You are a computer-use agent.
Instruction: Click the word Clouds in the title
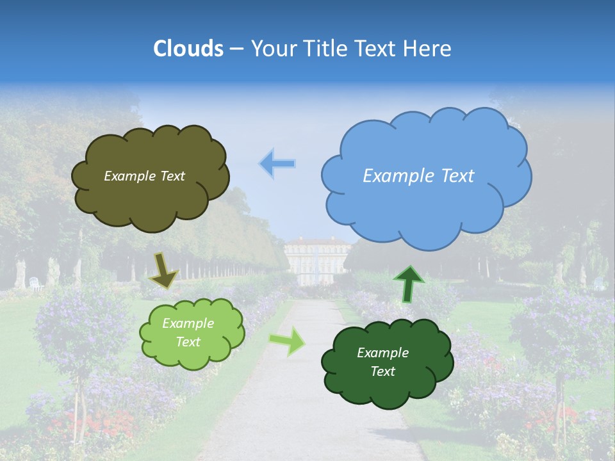click(188, 49)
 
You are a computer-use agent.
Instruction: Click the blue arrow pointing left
click(278, 164)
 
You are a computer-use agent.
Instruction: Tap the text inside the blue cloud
click(418, 176)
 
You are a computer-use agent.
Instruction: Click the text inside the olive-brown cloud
click(144, 176)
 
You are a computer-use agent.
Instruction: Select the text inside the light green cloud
click(188, 333)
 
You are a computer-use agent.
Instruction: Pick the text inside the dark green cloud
click(382, 362)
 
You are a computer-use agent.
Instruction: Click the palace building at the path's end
click(318, 259)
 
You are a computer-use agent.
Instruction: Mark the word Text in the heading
click(377, 49)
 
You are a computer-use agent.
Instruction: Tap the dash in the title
click(236, 49)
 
